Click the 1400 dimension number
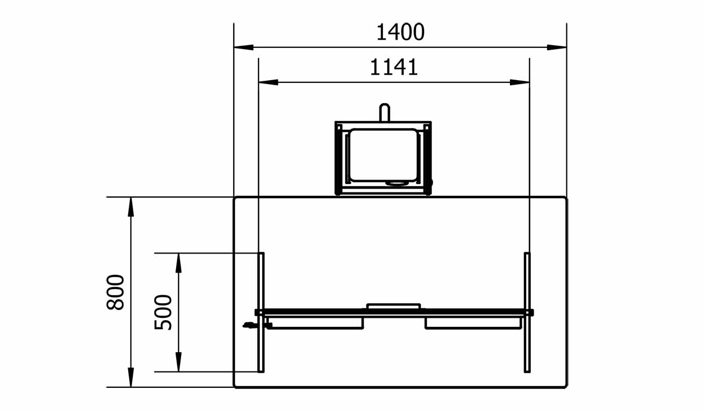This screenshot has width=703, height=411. (x=400, y=32)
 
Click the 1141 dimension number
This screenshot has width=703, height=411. (x=394, y=67)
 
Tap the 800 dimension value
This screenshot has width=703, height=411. (x=116, y=292)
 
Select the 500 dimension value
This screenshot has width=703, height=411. (x=163, y=312)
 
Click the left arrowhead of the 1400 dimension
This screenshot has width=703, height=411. (x=243, y=47)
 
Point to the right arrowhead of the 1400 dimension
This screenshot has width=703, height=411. (x=557, y=47)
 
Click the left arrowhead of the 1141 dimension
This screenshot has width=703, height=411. (x=268, y=82)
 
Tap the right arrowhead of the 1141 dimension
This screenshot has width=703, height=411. (x=519, y=82)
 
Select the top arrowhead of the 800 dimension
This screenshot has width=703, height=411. (x=131, y=207)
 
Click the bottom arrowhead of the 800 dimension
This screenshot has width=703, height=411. (x=131, y=378)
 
